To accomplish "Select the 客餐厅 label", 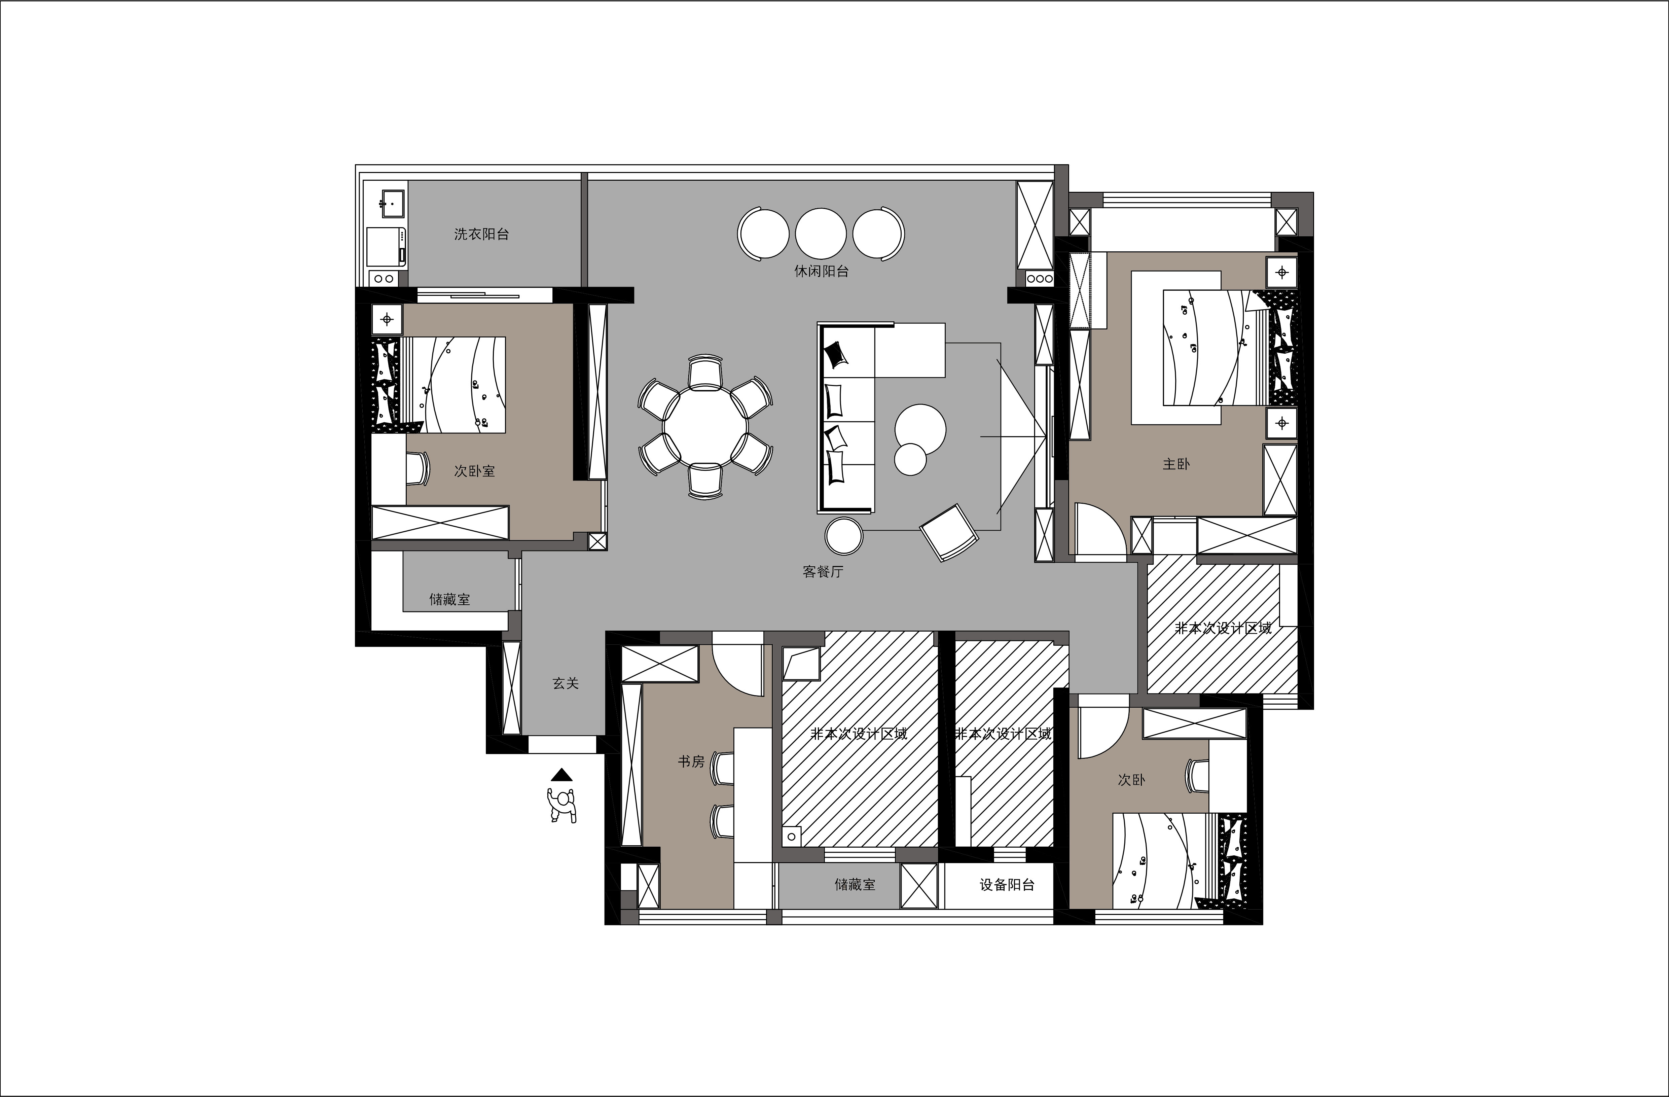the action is click(x=823, y=572).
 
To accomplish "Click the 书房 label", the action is click(x=691, y=761).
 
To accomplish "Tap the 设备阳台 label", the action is click(x=1007, y=885).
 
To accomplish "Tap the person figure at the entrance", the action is click(x=562, y=805).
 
